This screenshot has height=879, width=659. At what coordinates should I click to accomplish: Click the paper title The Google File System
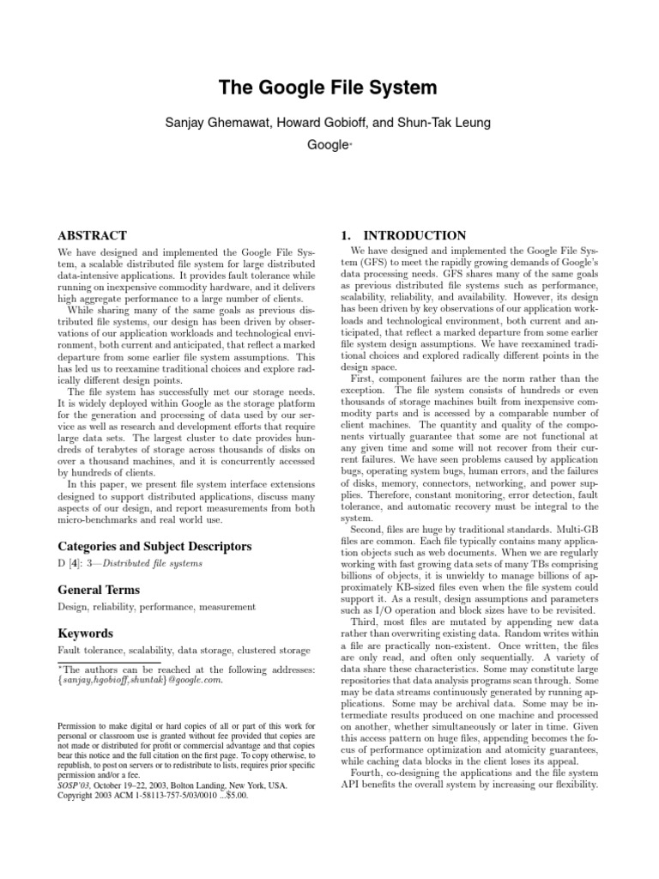[x=329, y=88]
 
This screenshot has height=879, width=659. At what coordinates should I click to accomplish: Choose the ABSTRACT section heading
[x=92, y=235]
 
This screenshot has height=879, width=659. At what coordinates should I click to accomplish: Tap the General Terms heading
[x=98, y=590]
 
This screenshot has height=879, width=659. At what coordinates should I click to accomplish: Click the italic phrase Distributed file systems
[x=156, y=563]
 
